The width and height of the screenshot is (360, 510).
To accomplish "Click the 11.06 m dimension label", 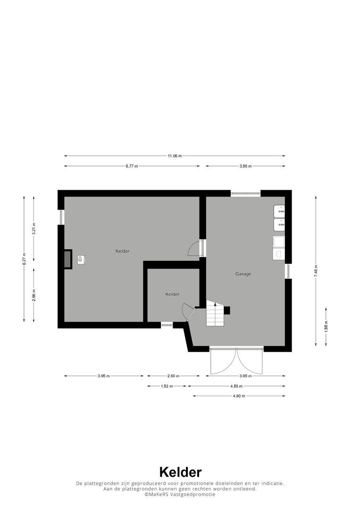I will point(175,156).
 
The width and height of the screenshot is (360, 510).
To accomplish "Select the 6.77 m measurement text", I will point(132,166).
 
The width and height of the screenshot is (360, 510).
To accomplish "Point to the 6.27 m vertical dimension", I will point(24,259).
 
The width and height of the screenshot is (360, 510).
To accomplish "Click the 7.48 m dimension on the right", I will point(316,271).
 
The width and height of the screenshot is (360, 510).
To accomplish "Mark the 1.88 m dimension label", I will point(326,326).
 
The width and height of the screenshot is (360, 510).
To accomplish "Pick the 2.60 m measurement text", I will point(173,376).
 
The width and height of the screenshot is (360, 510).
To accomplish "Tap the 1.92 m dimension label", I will point(167,386).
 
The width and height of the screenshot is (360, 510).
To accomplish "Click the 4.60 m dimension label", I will point(239,396).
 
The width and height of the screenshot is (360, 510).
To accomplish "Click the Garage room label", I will point(243,274).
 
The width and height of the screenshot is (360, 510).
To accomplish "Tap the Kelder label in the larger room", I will point(122,251).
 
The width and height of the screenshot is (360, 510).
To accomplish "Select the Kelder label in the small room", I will point(172,294).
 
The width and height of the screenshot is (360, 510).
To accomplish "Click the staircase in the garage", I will point(215,314).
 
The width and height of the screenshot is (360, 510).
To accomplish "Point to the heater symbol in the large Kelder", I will point(81,259).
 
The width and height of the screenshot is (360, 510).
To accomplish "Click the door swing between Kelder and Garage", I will point(194,248).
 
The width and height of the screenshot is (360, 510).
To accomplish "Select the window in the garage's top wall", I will point(245,193).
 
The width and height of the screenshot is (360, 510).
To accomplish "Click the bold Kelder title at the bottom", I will point(180,472).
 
